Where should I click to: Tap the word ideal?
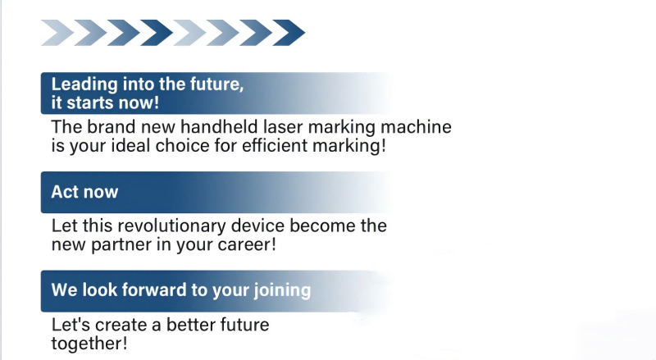click(x=132, y=145)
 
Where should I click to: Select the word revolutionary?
click(x=172, y=226)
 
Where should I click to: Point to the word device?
click(x=258, y=226)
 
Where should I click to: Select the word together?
click(x=89, y=344)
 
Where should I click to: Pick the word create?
click(x=121, y=325)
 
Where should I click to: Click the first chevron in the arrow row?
click(x=57, y=33)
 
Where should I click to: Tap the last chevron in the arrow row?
click(x=289, y=33)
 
